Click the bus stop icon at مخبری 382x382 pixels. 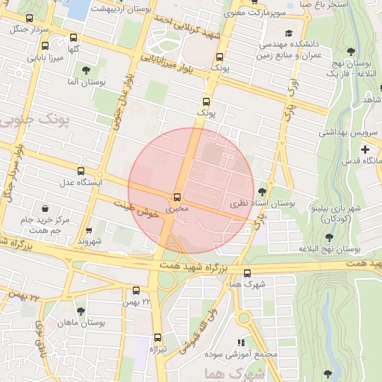tap(177, 197)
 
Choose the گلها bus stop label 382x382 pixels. tap(73, 48)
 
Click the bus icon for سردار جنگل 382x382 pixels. tap(29, 18)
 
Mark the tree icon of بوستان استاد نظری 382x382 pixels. tap(261, 191)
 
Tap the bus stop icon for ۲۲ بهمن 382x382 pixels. tap(136, 290)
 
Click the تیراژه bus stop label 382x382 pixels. tap(157, 348)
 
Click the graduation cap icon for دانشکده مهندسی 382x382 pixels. tap(289, 33)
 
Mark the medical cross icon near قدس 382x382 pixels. tap(365, 149)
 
